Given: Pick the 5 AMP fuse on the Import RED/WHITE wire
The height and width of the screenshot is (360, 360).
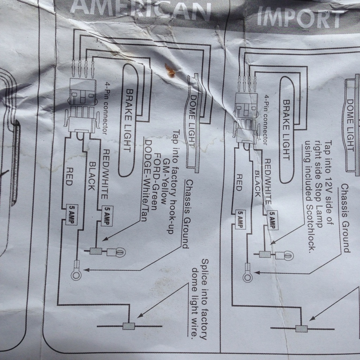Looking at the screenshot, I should (272, 220).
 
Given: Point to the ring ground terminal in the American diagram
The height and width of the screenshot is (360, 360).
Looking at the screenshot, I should (76, 275).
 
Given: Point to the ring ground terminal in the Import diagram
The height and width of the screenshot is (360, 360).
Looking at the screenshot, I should (247, 277).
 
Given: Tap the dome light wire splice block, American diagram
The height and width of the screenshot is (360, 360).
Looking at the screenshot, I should (129, 326).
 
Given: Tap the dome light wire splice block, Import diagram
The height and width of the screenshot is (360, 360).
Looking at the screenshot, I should (301, 329).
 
